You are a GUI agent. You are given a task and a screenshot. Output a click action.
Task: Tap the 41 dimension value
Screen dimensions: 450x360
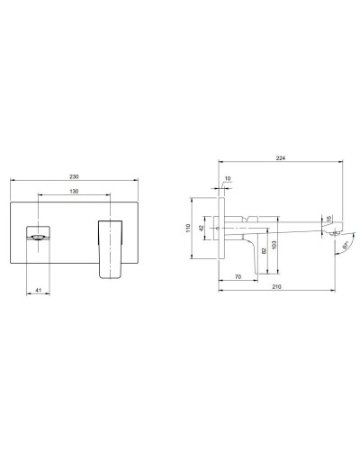pos(36,289)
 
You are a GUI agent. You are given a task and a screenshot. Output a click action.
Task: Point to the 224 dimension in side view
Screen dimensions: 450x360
pos(283,160)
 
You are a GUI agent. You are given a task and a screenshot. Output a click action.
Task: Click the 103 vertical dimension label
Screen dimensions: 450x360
pos(273,244)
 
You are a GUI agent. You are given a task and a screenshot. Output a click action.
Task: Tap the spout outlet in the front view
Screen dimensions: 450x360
pos(35,238)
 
